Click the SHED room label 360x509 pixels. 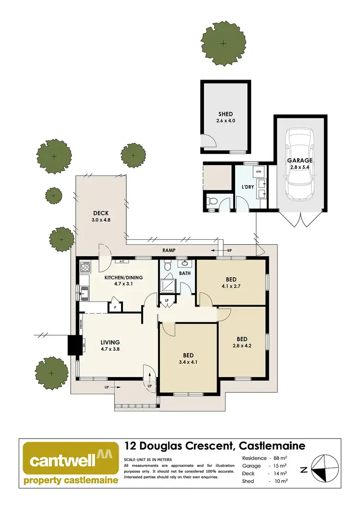pos(225,114)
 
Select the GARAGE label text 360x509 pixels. pos(300,161)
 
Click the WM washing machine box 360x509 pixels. pos(258,171)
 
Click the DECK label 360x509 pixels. pos(101,213)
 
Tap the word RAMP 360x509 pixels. pos(168,250)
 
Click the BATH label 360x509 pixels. pos(185,273)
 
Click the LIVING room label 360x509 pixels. pos(110,342)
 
